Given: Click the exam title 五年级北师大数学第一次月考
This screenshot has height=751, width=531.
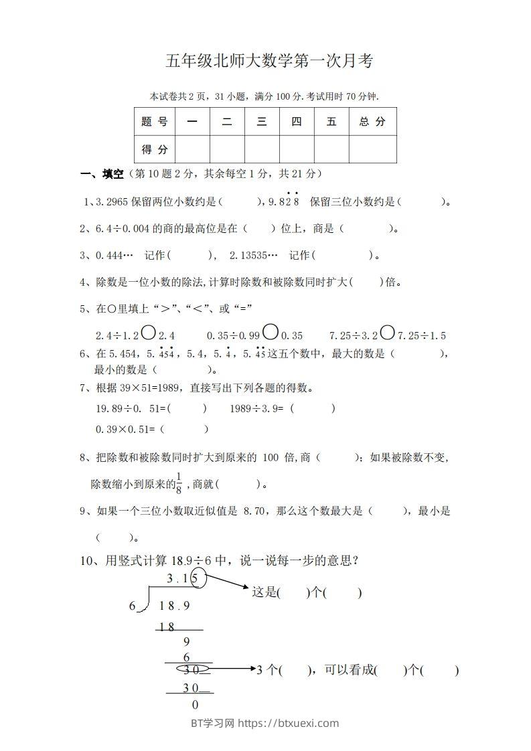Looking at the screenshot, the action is click(x=269, y=62).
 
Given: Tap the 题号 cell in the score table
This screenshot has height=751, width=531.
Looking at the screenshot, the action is click(x=155, y=122).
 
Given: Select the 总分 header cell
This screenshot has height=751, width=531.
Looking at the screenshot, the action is click(x=372, y=122).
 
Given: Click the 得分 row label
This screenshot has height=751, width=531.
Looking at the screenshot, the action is click(x=155, y=149).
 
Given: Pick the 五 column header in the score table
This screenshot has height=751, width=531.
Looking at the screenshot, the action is click(x=331, y=122).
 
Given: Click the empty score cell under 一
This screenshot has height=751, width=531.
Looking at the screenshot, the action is click(x=192, y=149).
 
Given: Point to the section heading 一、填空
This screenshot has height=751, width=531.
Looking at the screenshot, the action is click(x=102, y=174).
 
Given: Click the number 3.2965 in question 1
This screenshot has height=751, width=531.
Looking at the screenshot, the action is click(x=113, y=201).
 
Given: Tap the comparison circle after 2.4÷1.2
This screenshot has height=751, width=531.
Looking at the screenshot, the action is click(x=149, y=332).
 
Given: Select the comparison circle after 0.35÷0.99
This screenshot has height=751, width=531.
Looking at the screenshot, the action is click(x=271, y=332).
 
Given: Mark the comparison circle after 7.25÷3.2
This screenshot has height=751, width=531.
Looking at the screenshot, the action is click(x=388, y=332).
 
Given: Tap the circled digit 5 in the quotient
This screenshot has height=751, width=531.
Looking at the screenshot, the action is click(x=197, y=578).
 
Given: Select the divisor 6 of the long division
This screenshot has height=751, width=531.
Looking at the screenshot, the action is click(x=132, y=606).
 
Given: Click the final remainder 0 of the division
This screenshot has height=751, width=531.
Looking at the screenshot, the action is click(x=195, y=704).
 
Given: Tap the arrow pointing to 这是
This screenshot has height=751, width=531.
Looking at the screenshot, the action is click(x=228, y=587).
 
